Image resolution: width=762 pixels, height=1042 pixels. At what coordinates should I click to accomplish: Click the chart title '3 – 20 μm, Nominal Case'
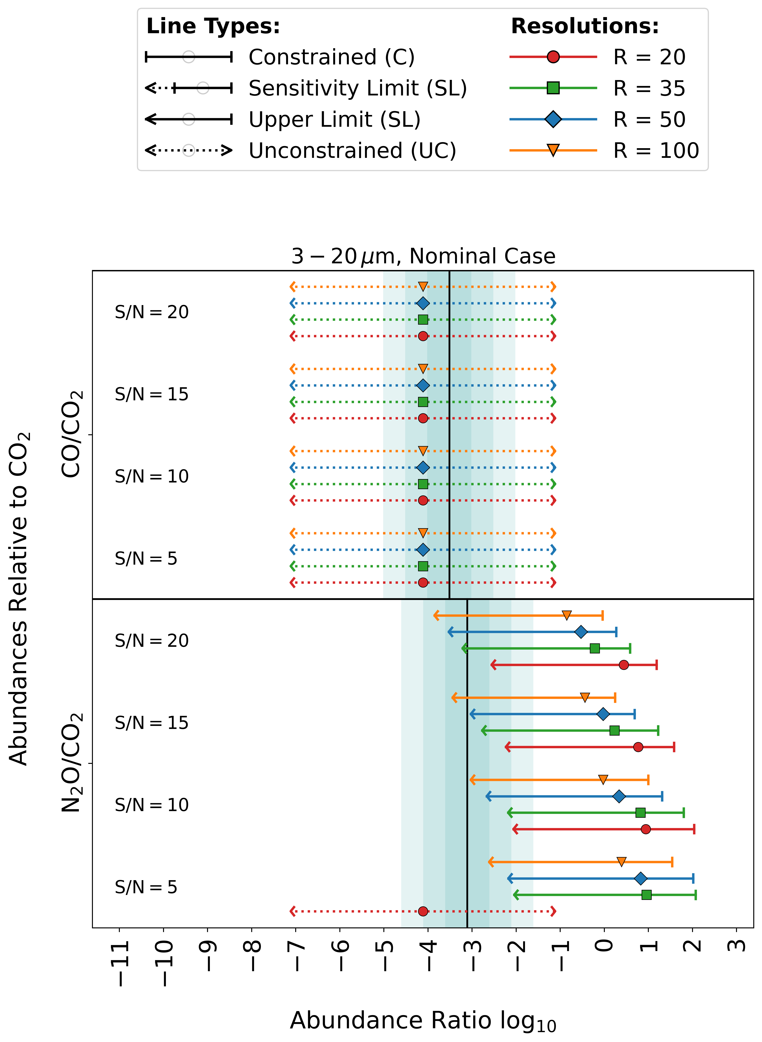coord(423,256)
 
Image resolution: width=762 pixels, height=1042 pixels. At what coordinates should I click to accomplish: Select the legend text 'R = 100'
coord(656,150)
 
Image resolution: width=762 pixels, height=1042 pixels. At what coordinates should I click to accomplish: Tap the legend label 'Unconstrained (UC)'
coord(352,150)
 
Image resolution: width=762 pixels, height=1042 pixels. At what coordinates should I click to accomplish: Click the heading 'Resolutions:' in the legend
coord(585,26)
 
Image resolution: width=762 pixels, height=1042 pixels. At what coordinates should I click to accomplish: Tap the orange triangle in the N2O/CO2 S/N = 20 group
coord(566,615)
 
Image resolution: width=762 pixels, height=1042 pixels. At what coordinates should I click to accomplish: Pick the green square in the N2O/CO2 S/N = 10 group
coord(640,813)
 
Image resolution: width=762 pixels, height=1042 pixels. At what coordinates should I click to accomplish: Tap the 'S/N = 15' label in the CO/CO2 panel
coord(152,394)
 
